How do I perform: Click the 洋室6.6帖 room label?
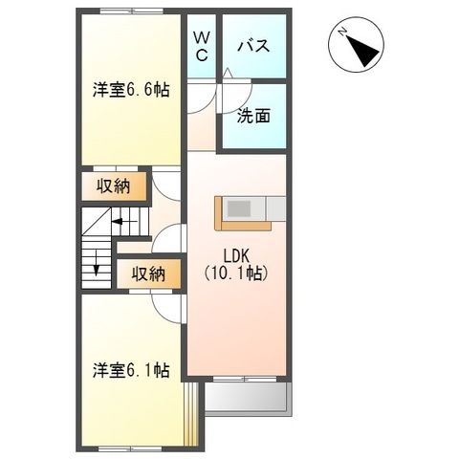(131, 91)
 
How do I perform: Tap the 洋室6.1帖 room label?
(131, 369)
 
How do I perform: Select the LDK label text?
(236, 256)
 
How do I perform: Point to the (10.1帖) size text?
(236, 273)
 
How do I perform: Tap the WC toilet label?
(203, 46)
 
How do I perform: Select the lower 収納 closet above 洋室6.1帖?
(147, 273)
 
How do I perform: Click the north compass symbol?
(358, 45)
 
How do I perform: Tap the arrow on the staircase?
(125, 222)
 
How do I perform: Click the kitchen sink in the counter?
(239, 208)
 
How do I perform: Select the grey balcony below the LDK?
(247, 398)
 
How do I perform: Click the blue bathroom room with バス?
(254, 46)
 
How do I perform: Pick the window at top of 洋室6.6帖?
(128, 12)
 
